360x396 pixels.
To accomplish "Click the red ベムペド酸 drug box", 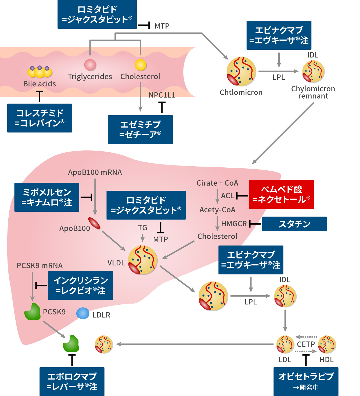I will (x=281, y=194).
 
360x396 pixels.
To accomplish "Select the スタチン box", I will (x=294, y=224).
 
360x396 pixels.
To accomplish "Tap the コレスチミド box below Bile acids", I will (x=39, y=118).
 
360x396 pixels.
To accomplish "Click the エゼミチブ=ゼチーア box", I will (x=140, y=129).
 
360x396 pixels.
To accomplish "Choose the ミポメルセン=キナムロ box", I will (x=47, y=197).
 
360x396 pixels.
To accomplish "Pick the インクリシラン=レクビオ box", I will (x=81, y=285).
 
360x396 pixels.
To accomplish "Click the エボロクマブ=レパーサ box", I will (x=72, y=381).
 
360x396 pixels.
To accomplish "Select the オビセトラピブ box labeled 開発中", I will (x=306, y=381).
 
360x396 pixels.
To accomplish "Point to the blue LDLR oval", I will (x=83, y=313).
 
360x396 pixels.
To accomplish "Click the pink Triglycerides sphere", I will (x=90, y=65).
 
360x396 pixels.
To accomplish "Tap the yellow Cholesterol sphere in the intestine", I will (x=140, y=65).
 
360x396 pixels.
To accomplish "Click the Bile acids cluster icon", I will (x=39, y=71).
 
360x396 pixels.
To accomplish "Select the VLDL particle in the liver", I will (x=143, y=260).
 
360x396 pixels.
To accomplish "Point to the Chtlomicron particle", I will (x=241, y=71).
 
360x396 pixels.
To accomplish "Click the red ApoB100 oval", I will (x=94, y=223).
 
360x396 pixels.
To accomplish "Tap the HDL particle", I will (x=327, y=344).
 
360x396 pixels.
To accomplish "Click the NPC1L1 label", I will (x=162, y=95).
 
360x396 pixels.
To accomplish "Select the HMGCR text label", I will (x=234, y=224).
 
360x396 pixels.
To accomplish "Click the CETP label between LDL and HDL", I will (x=306, y=344).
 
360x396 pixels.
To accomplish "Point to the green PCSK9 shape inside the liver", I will (x=33, y=312).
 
